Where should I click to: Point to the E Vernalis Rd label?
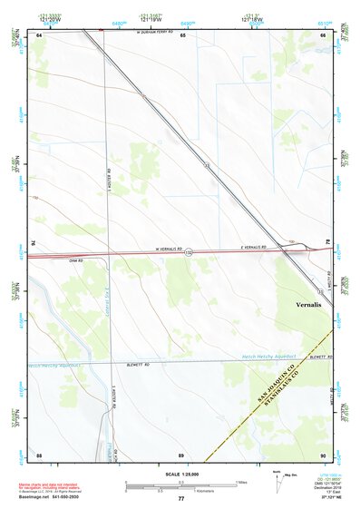(x=253, y=247)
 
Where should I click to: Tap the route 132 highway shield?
(x=190, y=252)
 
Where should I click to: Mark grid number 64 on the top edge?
(x=40, y=34)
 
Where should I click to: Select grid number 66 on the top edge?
(x=323, y=34)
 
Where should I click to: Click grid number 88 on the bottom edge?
(x=39, y=454)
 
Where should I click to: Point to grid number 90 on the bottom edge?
(x=323, y=454)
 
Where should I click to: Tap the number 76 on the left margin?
(x=34, y=242)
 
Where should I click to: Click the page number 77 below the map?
(x=181, y=499)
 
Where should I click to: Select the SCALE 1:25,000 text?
(x=181, y=475)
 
